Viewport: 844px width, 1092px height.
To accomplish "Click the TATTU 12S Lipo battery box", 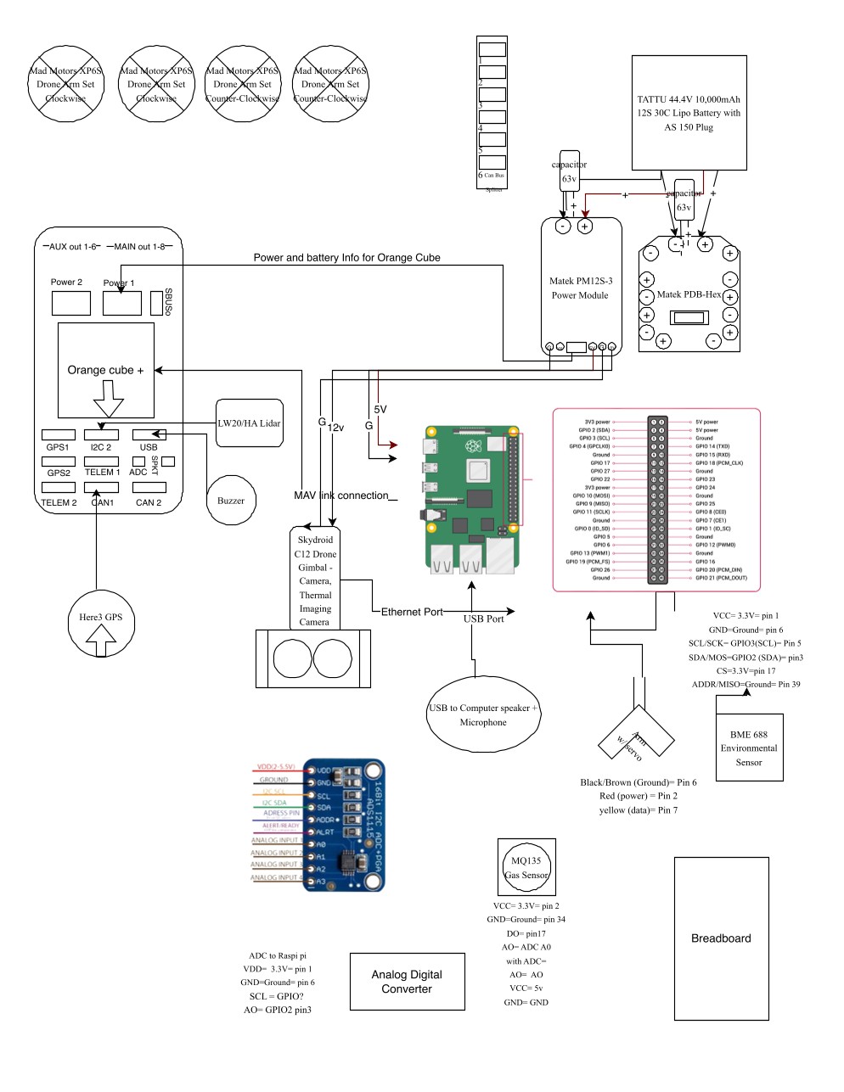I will [x=689, y=113].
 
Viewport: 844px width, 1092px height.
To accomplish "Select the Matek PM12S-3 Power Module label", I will [x=580, y=288].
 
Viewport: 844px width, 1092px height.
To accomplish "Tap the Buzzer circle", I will [x=231, y=501].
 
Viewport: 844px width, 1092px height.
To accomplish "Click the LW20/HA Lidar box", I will [x=249, y=423].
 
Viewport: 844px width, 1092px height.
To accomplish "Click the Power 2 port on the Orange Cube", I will [x=71, y=303].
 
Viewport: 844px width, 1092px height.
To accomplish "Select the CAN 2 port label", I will [x=149, y=502].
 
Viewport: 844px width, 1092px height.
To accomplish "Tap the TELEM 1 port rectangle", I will [x=102, y=462].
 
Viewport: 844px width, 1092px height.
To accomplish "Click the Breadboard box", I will [x=721, y=938].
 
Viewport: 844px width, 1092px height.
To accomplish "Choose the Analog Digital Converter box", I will [x=407, y=982].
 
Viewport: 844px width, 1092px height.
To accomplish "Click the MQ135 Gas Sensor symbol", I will [x=527, y=867].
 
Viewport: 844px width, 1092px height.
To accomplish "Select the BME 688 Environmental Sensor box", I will [x=748, y=748].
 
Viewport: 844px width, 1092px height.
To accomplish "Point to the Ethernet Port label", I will [x=412, y=612].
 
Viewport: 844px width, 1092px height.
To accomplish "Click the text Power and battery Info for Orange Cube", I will [x=346, y=257].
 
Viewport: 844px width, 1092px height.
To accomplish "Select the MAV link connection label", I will [x=341, y=496].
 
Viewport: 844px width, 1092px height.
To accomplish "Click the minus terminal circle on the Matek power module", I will [x=562, y=226].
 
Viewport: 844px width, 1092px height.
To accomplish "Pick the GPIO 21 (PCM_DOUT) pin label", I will [x=720, y=578].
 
